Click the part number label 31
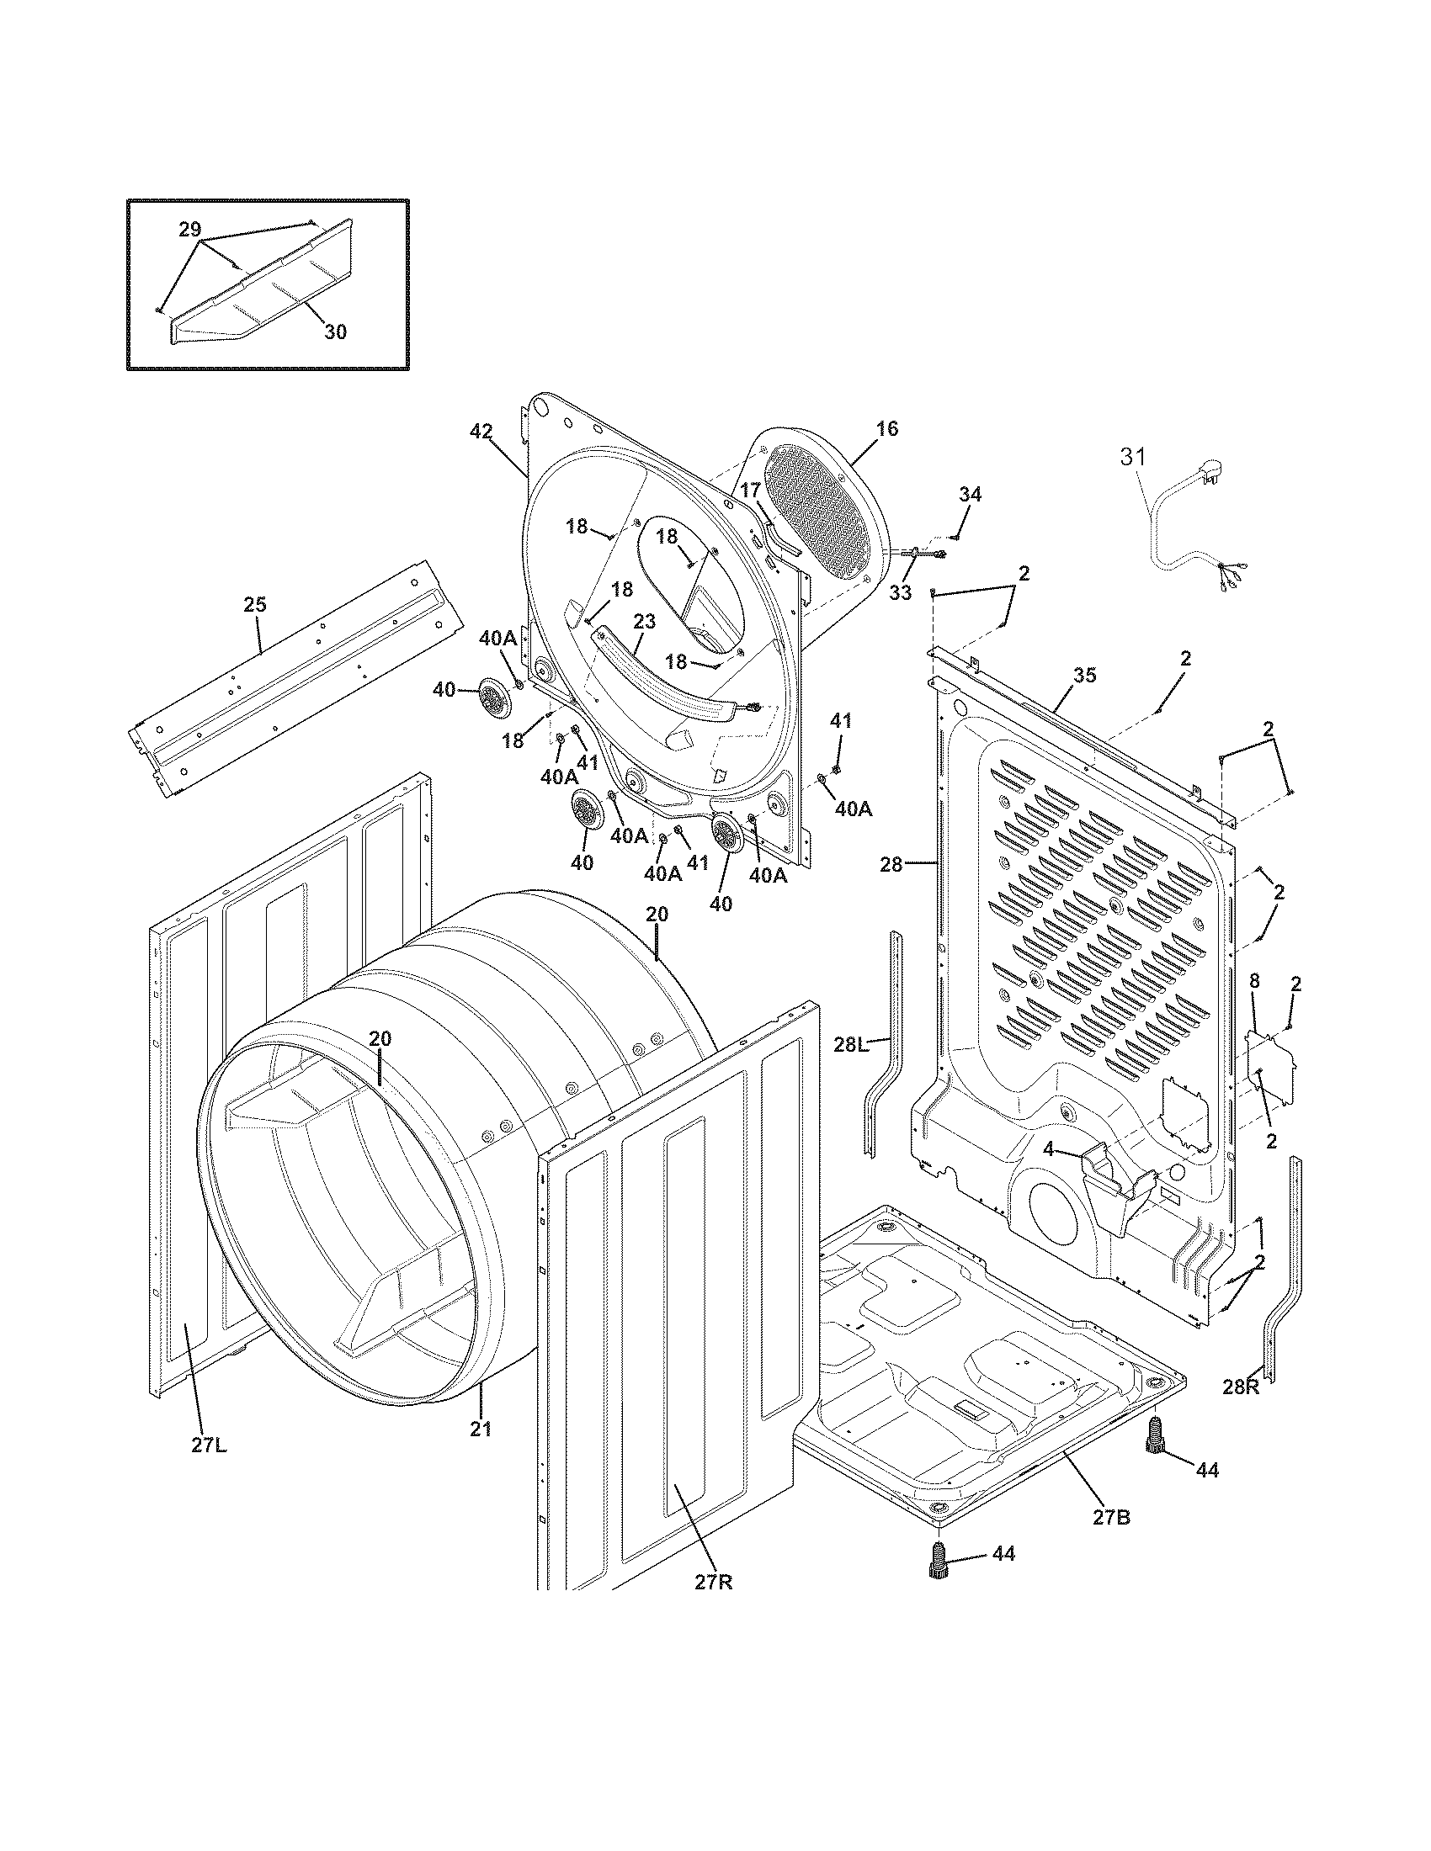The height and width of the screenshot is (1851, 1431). (x=1132, y=457)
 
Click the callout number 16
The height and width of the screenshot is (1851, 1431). (x=886, y=429)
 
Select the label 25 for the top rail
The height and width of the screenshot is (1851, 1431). (x=254, y=604)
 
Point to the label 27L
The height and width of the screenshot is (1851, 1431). (x=208, y=1445)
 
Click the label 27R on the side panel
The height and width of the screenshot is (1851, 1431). (x=713, y=1583)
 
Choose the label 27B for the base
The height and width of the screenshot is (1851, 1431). (x=1111, y=1517)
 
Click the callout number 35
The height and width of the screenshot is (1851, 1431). (x=1084, y=675)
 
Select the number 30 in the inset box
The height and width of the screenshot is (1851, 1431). (x=336, y=332)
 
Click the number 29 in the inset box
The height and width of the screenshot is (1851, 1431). (x=190, y=229)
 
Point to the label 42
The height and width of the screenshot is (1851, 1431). (x=481, y=432)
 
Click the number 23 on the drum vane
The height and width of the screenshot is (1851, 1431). (x=644, y=621)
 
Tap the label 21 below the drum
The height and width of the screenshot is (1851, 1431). (x=481, y=1428)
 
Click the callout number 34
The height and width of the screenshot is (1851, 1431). (x=970, y=494)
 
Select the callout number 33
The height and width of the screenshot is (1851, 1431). (x=901, y=592)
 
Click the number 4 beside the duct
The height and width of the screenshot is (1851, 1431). (x=1049, y=1150)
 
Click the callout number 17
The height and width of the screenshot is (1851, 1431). (x=750, y=490)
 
